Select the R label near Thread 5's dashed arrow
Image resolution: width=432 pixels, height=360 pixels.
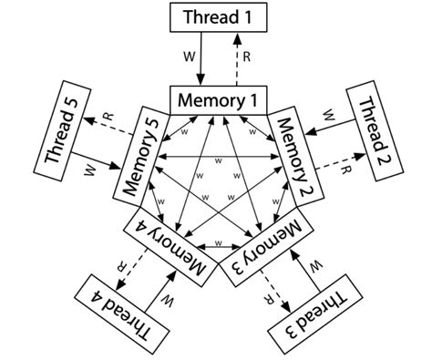pos(108,117)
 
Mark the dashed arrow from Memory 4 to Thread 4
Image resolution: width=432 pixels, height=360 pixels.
pos(139,267)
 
